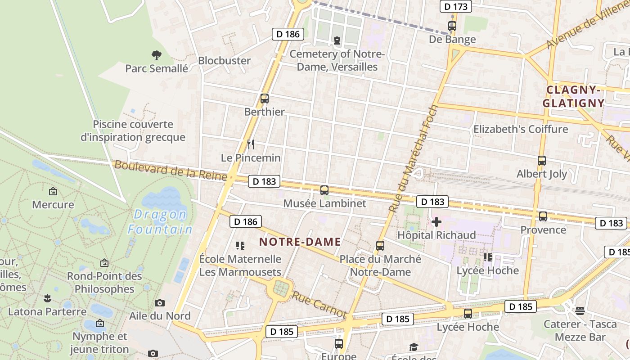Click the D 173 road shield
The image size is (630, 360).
point(455,6)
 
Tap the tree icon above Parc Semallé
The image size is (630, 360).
point(156,55)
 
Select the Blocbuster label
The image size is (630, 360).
point(224,61)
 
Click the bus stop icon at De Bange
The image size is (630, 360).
point(452,26)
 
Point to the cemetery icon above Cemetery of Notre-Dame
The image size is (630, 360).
point(337,41)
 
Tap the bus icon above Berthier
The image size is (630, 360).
point(265,99)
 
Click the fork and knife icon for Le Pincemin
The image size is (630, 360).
point(251,144)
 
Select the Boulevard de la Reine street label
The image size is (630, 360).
point(171,171)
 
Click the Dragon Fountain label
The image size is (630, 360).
point(160,222)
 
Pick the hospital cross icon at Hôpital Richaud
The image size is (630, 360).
point(436,222)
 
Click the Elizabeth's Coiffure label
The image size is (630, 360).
point(520,130)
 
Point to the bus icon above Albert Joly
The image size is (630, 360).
point(542,161)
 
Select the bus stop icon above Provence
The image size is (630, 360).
point(543,216)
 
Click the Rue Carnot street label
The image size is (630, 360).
point(319,305)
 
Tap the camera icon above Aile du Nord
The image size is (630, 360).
point(160,303)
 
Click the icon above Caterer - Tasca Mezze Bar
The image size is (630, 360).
point(580,310)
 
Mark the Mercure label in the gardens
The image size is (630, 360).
point(53,205)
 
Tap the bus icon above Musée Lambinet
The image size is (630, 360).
point(324,190)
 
